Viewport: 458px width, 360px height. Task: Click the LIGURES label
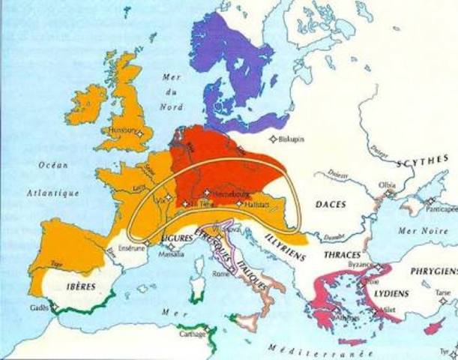pos(176,238)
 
